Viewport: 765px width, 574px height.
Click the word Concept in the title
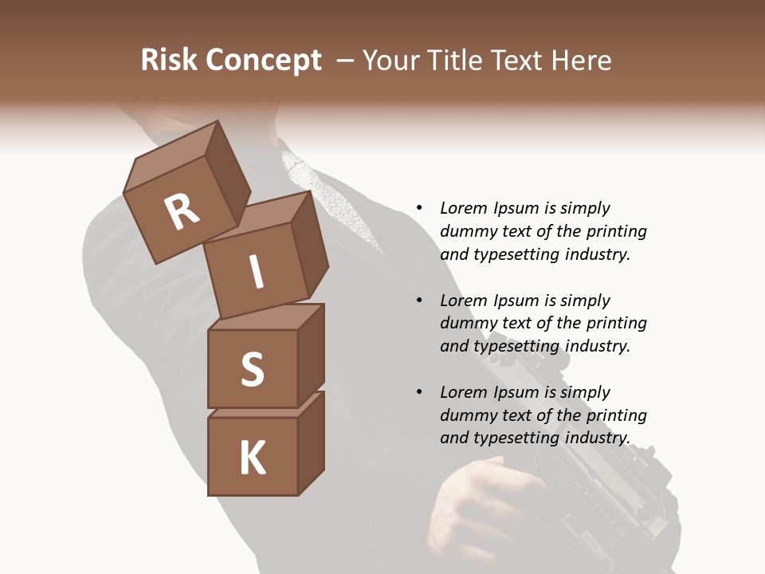coord(264,61)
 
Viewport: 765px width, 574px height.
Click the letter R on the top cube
coord(182,212)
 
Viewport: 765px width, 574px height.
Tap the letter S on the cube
coord(252,370)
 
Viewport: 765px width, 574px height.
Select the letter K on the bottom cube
coord(252,458)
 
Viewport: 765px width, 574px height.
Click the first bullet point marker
coord(419,209)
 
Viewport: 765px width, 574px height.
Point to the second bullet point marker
coord(419,301)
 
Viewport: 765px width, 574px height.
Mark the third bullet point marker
coord(419,393)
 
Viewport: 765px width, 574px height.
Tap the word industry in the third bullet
coord(597,438)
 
